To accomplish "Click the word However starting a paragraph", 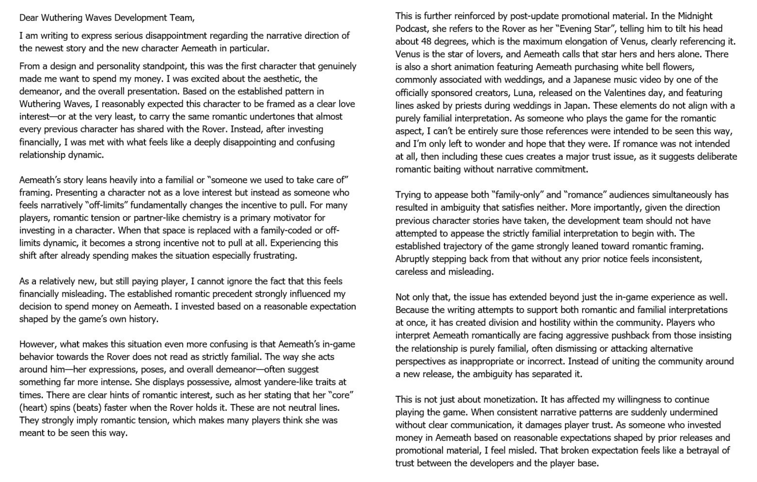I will tap(38, 344).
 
